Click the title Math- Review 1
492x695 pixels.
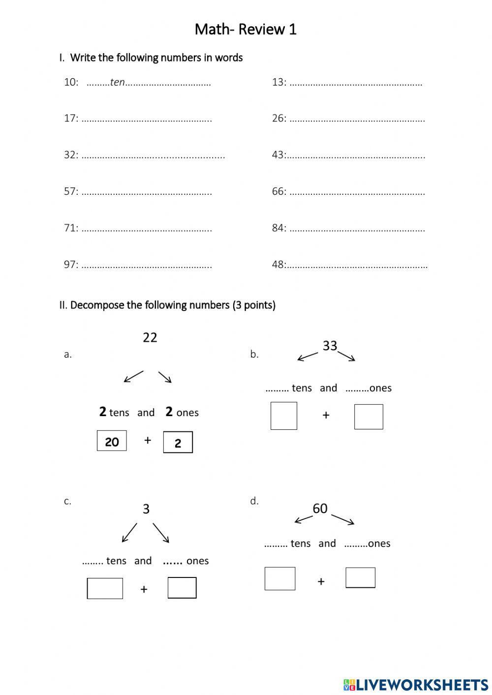click(x=246, y=30)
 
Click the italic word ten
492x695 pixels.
click(x=117, y=82)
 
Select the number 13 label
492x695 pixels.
click(x=278, y=82)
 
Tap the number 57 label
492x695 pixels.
click(x=70, y=191)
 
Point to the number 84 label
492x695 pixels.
click(x=278, y=228)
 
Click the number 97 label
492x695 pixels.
click(x=70, y=265)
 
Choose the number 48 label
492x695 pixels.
click(x=278, y=265)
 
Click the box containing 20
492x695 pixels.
click(x=112, y=441)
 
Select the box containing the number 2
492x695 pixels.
click(x=178, y=442)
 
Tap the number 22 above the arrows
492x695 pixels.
click(x=150, y=337)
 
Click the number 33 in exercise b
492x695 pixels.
click(x=330, y=346)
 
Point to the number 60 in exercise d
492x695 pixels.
click(x=320, y=509)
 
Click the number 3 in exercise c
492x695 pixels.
click(x=146, y=509)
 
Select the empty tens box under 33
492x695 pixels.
click(x=284, y=416)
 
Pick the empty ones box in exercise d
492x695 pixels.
click(x=360, y=577)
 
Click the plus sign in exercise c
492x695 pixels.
click(x=144, y=589)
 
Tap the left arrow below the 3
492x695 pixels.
click(x=129, y=533)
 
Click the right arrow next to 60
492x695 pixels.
click(x=343, y=519)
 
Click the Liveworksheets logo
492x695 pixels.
click(x=416, y=684)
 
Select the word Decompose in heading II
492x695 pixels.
click(x=97, y=305)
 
